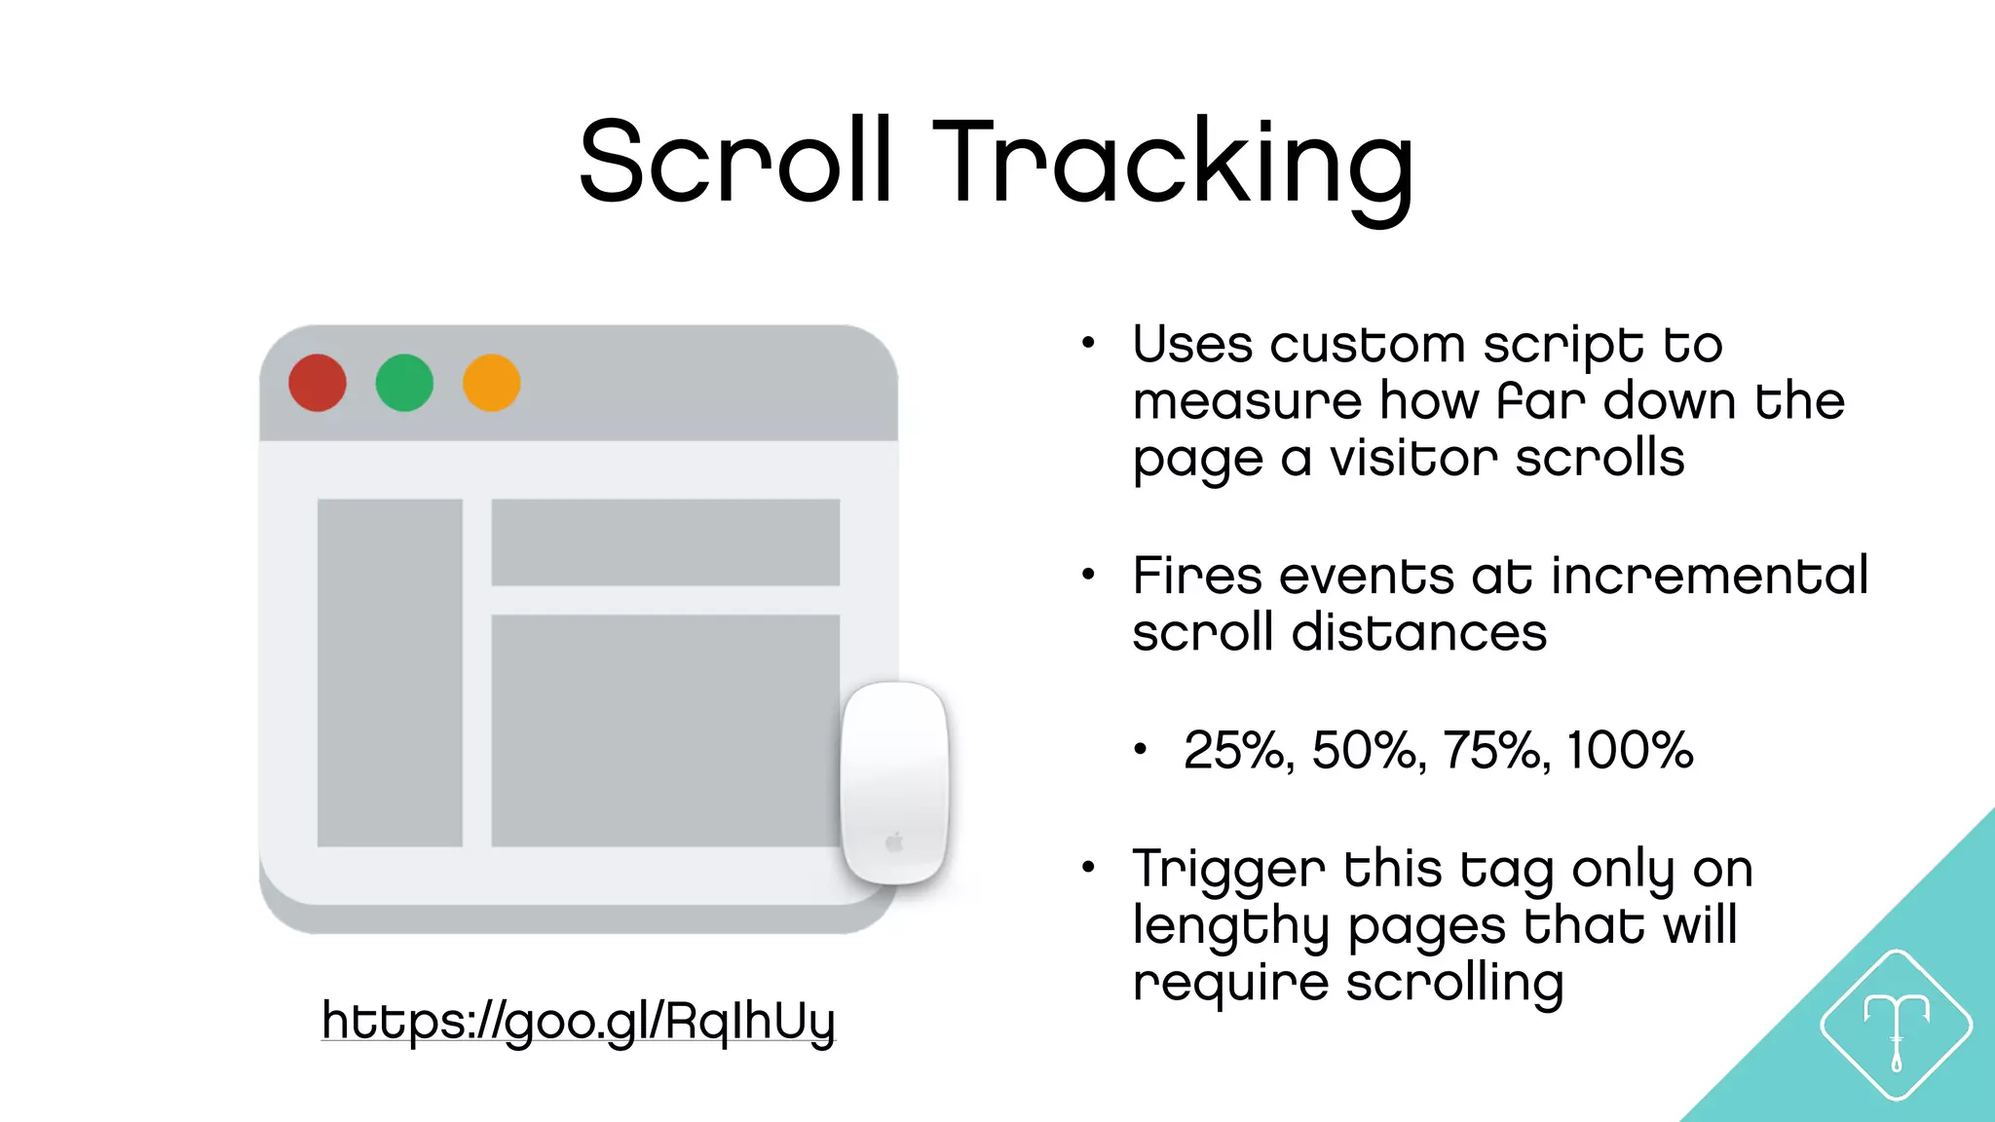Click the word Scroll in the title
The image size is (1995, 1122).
(735, 161)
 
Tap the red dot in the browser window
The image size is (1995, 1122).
(318, 383)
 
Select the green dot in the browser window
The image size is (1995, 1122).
(404, 383)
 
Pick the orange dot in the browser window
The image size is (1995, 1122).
(491, 383)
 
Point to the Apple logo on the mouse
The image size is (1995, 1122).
(894, 842)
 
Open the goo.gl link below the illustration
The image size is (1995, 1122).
(579, 1021)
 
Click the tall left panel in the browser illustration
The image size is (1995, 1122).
(390, 672)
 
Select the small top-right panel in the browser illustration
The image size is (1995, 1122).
(665, 542)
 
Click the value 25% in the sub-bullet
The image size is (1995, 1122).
(1238, 751)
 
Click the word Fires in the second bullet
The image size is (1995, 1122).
(1196, 576)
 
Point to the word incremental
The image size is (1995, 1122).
(1710, 576)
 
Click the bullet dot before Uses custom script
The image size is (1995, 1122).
(1088, 343)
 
